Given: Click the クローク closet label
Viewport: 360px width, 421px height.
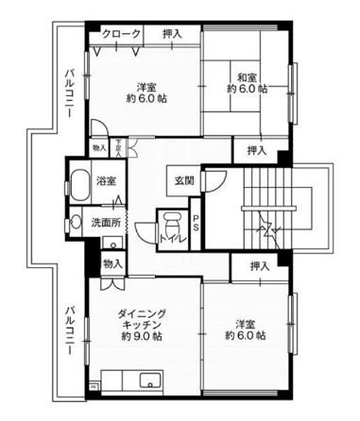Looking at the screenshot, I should pos(125,34).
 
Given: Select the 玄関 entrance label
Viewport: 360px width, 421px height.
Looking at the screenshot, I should pos(184,180).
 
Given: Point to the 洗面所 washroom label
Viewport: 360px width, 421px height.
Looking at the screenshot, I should pos(106,224).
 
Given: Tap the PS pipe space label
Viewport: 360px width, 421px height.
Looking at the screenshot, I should pos(196,224).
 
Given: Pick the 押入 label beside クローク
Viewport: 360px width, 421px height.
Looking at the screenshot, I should pos(171,34).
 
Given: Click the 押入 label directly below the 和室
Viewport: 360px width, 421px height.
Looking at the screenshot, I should pos(258,149).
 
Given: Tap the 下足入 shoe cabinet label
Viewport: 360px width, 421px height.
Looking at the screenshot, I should pos(118,147).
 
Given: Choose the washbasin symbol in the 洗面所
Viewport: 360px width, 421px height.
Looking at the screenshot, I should pos(76,224).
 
